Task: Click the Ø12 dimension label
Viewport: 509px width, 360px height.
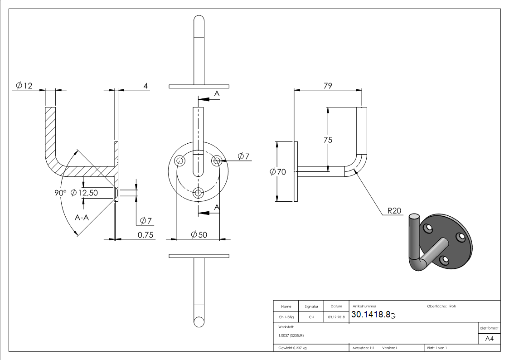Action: (x=24, y=85)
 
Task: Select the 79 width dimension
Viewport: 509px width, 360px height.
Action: (x=328, y=86)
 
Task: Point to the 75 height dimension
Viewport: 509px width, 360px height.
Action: (x=328, y=140)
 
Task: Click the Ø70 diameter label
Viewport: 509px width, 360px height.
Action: (x=277, y=172)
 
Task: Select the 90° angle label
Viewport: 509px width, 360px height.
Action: (x=60, y=193)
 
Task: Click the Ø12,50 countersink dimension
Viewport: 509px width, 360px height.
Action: (x=87, y=193)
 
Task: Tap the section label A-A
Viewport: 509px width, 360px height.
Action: (x=82, y=218)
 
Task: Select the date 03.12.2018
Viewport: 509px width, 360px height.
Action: (x=336, y=317)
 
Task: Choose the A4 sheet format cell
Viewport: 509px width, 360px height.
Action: (x=489, y=339)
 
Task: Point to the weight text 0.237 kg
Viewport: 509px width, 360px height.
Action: (x=292, y=348)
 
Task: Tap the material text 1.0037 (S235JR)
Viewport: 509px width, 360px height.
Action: (x=291, y=335)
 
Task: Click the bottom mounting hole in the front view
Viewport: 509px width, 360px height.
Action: (x=199, y=192)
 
